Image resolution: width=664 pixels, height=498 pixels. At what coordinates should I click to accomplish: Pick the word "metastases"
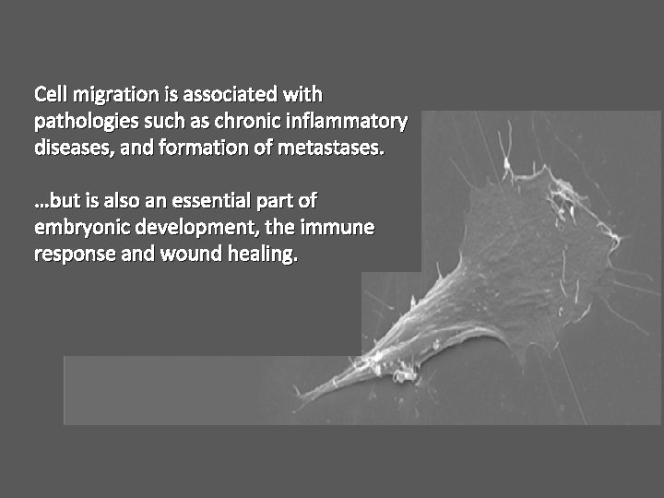pos(334,148)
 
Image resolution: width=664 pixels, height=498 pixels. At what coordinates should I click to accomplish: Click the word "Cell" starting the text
pos(51,95)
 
